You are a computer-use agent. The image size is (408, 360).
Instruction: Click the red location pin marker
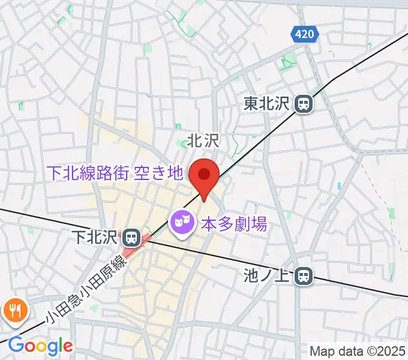(x=203, y=176)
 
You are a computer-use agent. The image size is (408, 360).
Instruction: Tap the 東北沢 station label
(x=267, y=104)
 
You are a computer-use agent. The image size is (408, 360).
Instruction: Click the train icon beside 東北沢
(x=304, y=104)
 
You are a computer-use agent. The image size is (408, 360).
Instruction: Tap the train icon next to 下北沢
(x=130, y=238)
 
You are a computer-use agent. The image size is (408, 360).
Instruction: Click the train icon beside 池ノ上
(x=305, y=276)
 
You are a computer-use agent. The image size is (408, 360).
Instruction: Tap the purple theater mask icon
(x=181, y=224)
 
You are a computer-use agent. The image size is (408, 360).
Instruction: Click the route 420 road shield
(x=305, y=35)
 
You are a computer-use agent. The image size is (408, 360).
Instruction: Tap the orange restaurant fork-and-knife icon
(x=13, y=311)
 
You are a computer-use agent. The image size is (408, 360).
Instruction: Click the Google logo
(x=40, y=346)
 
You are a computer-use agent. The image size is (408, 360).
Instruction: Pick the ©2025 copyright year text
(x=385, y=350)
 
